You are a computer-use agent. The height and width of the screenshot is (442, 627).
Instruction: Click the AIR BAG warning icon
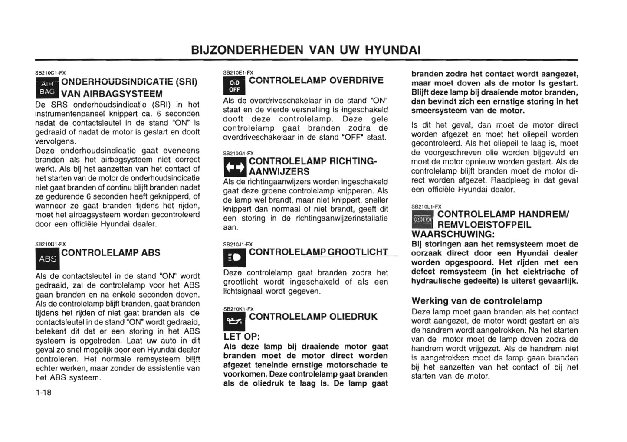click(47, 88)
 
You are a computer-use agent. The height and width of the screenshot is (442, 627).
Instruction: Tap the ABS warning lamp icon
click(47, 259)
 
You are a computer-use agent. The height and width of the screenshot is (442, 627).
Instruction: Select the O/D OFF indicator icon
click(234, 86)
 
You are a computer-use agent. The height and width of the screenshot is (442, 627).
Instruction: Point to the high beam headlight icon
click(234, 258)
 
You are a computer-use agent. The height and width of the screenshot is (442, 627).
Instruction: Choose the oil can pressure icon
click(234, 322)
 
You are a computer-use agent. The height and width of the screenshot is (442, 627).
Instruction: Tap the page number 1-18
click(43, 392)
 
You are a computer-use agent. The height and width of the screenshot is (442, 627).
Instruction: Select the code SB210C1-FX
click(50, 73)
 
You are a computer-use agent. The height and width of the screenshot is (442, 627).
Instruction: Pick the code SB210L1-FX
click(426, 207)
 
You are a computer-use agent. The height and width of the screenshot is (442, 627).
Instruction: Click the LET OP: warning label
click(241, 337)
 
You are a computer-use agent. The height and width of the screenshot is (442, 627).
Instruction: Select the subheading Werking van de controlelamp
click(476, 301)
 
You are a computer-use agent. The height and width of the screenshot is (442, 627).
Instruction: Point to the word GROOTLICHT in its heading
click(358, 252)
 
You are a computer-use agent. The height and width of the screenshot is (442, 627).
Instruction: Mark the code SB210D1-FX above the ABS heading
click(50, 244)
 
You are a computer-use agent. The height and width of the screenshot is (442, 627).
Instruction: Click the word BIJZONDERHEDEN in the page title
click(247, 50)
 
